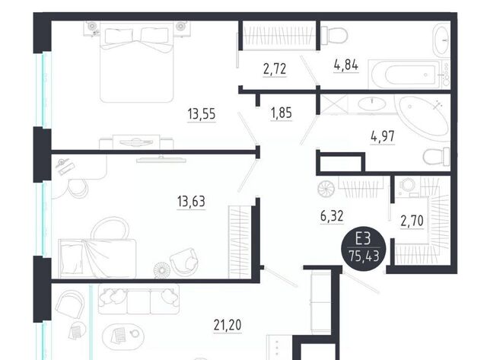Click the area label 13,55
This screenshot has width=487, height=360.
tap(202, 113)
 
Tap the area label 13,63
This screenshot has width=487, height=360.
tap(191, 201)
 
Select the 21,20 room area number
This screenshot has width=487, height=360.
tap(228, 325)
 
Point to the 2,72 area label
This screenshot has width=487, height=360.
tap(275, 68)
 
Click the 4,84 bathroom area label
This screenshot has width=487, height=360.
tap(346, 65)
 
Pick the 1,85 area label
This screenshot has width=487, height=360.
tap(282, 113)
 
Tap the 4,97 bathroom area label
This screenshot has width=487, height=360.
tap(383, 136)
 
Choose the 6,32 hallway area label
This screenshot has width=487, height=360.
tap(332, 215)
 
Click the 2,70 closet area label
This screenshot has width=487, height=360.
tap(412, 221)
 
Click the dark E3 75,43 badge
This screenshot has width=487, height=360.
tap(364, 248)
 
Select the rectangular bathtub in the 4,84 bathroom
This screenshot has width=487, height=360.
tap(404, 75)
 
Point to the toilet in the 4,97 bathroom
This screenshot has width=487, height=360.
tap(437, 157)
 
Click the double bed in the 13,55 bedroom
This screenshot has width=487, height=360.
tap(137, 62)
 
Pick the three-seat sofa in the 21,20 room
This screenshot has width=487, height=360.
tap(138, 299)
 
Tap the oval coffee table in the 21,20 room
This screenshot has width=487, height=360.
tap(123, 335)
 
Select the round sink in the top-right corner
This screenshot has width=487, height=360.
tap(441, 39)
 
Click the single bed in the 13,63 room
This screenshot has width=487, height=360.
tap(97, 259)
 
